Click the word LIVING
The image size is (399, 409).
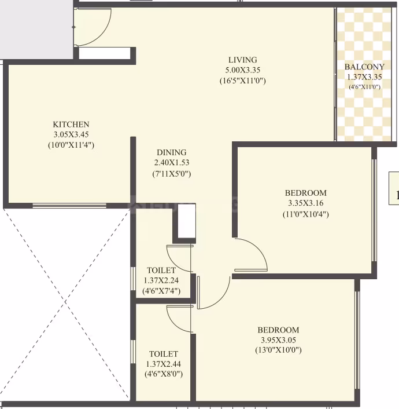243,60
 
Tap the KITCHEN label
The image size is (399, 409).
71,124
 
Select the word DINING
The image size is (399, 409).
172,152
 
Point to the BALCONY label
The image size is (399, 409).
364,67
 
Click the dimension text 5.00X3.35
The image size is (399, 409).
243,70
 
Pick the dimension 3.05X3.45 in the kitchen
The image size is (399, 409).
71,134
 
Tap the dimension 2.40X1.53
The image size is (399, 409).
172,163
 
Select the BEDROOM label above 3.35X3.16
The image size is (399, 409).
306,193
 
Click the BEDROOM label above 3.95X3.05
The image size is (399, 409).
278,330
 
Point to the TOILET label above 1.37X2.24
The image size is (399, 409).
161,270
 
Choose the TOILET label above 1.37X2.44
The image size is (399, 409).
164,354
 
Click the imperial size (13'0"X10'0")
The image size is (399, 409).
278,350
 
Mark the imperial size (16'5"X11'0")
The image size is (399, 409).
243,81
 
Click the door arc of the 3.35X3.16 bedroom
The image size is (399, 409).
258,248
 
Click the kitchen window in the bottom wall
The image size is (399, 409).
69,206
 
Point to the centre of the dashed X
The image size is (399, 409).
66,302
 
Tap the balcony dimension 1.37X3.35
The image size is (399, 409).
364,77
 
